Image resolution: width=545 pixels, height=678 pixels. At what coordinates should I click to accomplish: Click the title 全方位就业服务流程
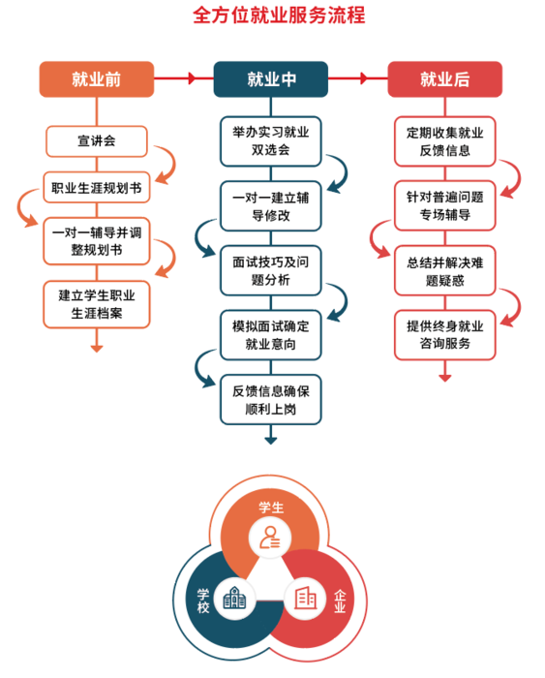click(279, 15)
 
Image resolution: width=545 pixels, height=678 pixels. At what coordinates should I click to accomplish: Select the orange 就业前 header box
click(97, 79)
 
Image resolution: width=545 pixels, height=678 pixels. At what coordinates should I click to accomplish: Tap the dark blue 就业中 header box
click(270, 79)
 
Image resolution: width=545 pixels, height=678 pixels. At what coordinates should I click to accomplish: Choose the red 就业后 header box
click(444, 79)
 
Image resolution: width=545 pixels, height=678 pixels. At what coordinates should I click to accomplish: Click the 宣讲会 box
click(97, 141)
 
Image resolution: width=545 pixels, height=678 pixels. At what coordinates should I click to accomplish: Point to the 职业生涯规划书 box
click(97, 188)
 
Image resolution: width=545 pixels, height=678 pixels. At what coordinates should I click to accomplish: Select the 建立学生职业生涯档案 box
click(97, 304)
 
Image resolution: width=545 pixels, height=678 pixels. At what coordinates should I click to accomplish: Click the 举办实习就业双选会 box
click(270, 141)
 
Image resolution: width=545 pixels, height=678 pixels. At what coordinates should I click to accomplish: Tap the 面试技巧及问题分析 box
click(270, 270)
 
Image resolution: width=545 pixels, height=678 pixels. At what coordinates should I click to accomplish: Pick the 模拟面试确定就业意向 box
click(270, 335)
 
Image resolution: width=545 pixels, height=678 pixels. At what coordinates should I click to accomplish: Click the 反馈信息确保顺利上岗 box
click(270, 400)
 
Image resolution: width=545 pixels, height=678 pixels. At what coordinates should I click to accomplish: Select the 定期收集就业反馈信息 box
click(444, 141)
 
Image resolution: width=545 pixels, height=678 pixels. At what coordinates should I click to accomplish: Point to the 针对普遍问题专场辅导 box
click(444, 205)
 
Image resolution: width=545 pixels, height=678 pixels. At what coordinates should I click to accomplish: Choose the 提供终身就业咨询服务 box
click(444, 335)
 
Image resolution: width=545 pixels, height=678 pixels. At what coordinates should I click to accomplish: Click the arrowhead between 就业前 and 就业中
click(193, 78)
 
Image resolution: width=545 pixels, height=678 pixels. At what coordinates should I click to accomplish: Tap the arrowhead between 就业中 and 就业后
click(364, 78)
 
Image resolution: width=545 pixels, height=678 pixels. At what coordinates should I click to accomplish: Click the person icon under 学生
click(270, 538)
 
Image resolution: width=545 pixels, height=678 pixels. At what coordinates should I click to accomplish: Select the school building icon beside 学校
click(234, 598)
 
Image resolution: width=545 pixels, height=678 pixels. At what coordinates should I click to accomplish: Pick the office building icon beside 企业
click(305, 598)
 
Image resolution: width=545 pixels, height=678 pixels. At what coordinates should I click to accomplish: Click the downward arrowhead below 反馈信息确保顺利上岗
click(270, 441)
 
